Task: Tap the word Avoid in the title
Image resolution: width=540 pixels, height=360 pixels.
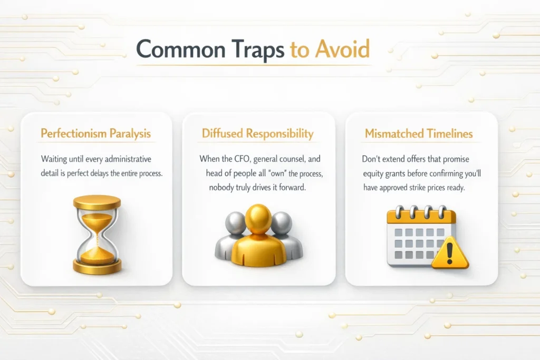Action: click(342, 48)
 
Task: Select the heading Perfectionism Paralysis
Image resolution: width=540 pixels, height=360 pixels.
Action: click(96, 133)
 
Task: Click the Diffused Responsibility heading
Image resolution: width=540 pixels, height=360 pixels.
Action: click(257, 133)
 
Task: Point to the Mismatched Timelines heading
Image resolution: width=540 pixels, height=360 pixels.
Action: click(419, 133)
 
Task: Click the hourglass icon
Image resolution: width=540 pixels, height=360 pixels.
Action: click(97, 235)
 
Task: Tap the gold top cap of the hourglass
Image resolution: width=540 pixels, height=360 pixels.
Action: click(97, 202)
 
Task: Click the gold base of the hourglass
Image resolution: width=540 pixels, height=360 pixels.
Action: click(97, 267)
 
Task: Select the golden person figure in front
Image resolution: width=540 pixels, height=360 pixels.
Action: click(258, 238)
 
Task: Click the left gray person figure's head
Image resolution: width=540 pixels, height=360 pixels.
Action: click(235, 222)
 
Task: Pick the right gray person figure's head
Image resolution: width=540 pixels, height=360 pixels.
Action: click(282, 222)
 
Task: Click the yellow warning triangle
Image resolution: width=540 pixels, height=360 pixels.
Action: click(449, 254)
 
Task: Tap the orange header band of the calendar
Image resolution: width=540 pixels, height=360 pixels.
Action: click(421, 217)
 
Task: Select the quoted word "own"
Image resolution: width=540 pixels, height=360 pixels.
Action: click(277, 173)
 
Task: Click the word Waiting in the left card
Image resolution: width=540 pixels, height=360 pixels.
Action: click(54, 159)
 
